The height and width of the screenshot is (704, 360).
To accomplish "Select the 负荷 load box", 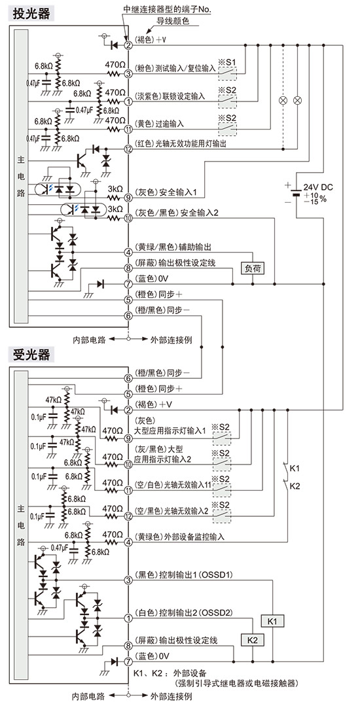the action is tap(252, 268).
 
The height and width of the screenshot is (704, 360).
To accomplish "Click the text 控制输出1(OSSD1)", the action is tap(194, 575).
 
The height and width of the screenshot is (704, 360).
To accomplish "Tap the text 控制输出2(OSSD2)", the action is tap(194, 612).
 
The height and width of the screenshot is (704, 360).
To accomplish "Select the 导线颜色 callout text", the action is tap(172, 21).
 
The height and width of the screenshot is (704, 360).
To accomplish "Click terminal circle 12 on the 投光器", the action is tap(128, 149).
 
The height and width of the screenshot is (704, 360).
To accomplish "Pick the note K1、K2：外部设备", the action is tap(170, 673).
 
